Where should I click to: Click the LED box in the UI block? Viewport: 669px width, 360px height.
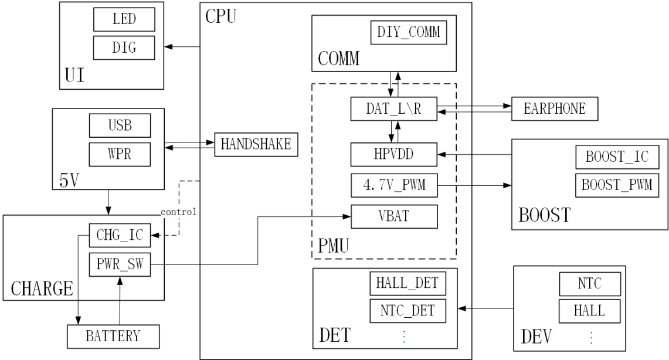pos(124,19)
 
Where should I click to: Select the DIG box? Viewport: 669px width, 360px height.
pos(124,47)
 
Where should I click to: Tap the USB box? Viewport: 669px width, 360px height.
pos(120,125)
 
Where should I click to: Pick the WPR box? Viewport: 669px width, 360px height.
pos(120,154)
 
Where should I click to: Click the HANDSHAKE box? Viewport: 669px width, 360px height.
pos(256,144)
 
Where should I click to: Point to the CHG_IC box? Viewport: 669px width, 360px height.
pos(120,235)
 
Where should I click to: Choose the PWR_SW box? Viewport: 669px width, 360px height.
pos(120,264)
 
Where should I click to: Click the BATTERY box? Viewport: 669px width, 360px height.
pos(113,337)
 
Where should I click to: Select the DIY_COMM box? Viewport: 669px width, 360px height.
pos(409,32)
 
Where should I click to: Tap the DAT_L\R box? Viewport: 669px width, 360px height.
pos(394,109)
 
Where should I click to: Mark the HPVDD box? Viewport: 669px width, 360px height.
pos(394,154)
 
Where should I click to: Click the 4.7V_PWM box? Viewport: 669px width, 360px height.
pos(394,185)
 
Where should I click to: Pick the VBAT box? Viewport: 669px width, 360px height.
pos(394,216)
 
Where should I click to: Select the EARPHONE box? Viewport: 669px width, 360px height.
pos(555,109)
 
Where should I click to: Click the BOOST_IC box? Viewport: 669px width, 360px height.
pos(617,157)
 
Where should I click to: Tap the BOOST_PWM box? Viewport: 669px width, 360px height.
pos(617,185)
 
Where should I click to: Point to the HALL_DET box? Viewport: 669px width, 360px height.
pos(407,283)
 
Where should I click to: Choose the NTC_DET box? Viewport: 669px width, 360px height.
pos(407,311)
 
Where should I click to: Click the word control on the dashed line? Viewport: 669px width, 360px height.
pos(178,212)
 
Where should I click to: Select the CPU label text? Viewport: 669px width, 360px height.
pos(220,16)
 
